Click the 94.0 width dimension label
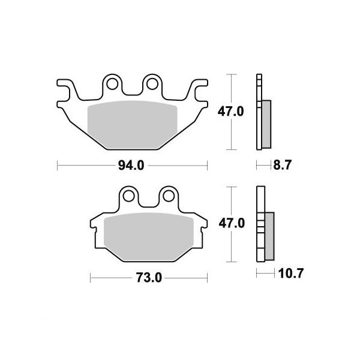(131, 166)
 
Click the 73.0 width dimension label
(149, 278)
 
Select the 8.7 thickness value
(282, 165)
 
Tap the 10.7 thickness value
(290, 273)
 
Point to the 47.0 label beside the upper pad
(230, 112)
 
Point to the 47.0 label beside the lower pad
(232, 223)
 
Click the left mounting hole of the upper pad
(112, 84)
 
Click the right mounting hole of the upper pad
(152, 84)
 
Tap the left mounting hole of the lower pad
(128, 196)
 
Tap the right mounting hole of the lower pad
(169, 196)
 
